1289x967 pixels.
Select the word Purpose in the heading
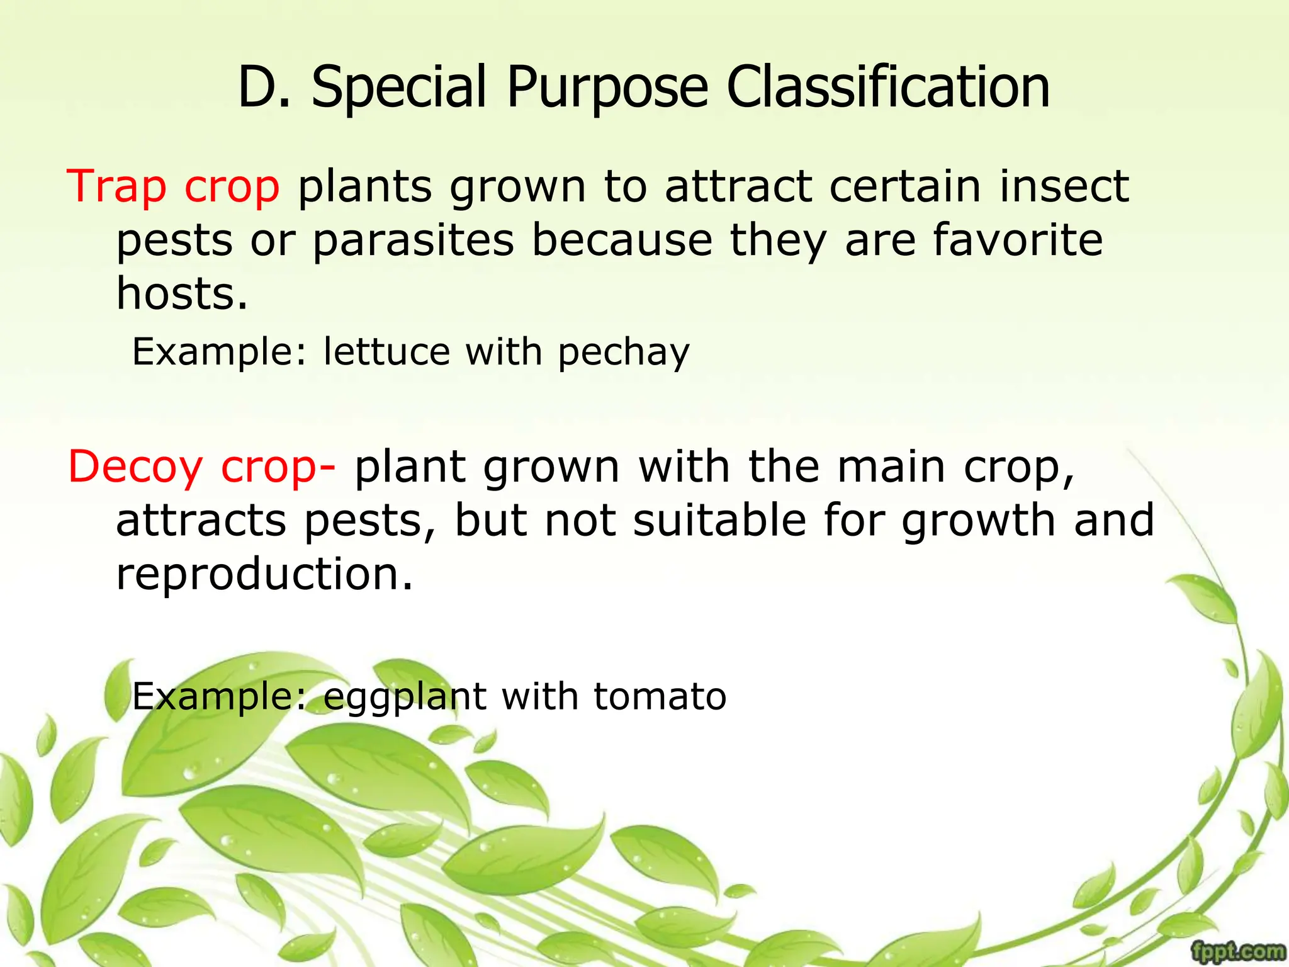point(607,88)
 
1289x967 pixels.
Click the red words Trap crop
point(173,187)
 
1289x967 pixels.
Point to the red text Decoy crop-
point(202,468)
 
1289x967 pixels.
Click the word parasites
point(414,241)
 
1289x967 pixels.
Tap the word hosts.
point(182,294)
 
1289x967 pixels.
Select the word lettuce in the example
point(386,351)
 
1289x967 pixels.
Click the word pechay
point(624,353)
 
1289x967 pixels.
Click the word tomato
point(660,696)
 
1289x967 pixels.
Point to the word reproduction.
point(264,574)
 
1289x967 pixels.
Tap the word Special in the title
point(399,88)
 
